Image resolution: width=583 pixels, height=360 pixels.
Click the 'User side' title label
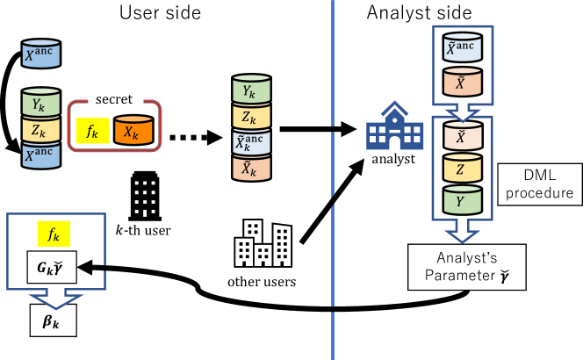159,13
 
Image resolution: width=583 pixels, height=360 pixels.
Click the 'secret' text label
114,100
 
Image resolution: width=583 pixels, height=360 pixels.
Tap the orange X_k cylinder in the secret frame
133,132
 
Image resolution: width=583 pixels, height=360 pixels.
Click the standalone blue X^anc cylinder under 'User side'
41,54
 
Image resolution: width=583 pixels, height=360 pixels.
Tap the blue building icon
393,127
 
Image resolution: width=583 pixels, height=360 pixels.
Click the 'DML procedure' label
536,184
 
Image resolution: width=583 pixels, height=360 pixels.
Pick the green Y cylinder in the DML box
463,200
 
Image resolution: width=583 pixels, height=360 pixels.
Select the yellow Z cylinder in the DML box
463,169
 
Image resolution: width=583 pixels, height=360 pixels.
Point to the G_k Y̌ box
51,268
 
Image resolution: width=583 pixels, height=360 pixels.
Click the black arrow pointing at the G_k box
92,264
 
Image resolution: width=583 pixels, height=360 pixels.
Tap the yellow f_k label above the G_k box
53,235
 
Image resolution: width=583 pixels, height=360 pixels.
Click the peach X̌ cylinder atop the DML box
463,138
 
